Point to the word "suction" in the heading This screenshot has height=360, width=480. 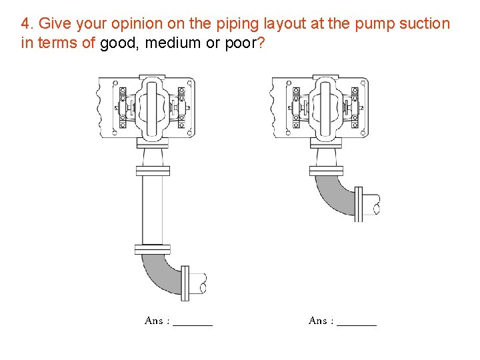[x=424, y=24]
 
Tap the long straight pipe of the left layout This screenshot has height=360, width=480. [x=152, y=210]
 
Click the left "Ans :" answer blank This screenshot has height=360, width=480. [x=192, y=322]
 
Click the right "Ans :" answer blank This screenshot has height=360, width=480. [x=357, y=322]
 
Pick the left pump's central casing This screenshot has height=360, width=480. [x=153, y=107]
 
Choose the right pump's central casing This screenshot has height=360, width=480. [x=327, y=107]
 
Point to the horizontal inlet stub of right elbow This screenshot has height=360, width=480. [x=370, y=203]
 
